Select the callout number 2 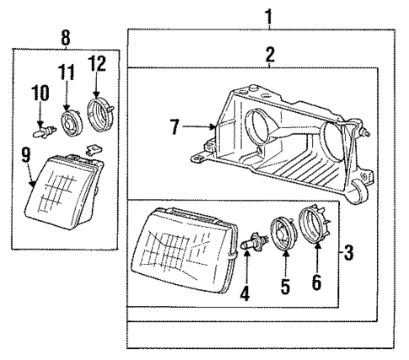270,55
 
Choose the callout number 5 284,287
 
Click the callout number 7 174,127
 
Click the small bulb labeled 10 40,131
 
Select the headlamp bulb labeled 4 249,245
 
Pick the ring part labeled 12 100,110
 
